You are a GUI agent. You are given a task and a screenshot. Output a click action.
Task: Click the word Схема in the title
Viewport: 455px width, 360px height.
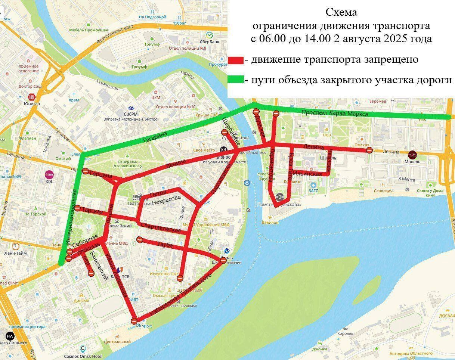click(341, 12)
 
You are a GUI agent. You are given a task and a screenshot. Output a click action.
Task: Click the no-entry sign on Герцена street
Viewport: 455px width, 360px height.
click(85, 171)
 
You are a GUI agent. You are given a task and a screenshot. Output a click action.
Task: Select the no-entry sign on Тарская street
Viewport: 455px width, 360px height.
click(77, 208)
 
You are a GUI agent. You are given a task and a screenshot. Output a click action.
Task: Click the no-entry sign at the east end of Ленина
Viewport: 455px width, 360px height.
click(369, 150)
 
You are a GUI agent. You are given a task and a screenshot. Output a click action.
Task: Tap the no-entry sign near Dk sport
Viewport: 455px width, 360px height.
click(134, 321)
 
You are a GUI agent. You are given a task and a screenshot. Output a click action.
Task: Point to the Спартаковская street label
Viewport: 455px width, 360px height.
click(164, 227)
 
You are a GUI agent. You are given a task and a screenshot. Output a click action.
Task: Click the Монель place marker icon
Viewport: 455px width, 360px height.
click(412, 154)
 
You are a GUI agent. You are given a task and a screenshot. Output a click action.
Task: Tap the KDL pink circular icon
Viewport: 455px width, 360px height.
click(49, 174)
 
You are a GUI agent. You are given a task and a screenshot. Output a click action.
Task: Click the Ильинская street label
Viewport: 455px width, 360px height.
click(307, 174)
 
